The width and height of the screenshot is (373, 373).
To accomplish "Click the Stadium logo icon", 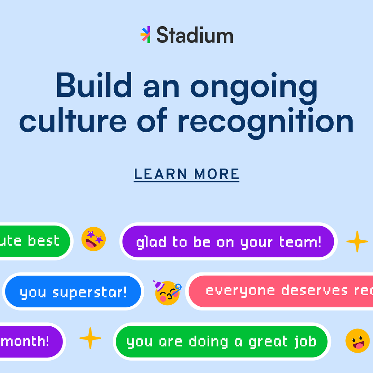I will pyautogui.click(x=145, y=35).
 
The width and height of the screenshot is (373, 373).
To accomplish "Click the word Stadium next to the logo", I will pyautogui.click(x=195, y=36).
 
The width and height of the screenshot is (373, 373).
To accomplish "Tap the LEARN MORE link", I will pyautogui.click(x=186, y=174).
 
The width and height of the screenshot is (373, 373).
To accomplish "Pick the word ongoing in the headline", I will pyautogui.click(x=254, y=88).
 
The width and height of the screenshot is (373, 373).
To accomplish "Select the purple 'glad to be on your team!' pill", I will pyautogui.click(x=228, y=242).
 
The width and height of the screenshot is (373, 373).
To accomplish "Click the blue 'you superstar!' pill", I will pyautogui.click(x=73, y=292).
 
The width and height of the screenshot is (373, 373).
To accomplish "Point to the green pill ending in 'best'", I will pyautogui.click(x=35, y=241).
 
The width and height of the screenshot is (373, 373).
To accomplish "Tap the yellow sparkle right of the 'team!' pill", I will pyautogui.click(x=357, y=241).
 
